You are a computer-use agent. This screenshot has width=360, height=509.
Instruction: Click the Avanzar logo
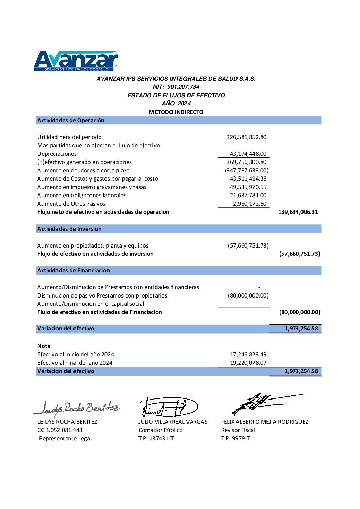click(76, 61)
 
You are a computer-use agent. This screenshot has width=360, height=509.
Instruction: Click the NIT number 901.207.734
click(183, 87)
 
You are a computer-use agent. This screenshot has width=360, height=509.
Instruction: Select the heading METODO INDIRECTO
click(176, 112)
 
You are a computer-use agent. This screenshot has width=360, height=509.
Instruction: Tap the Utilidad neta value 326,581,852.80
click(246, 137)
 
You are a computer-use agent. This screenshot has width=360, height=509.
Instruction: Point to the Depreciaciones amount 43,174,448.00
click(248, 154)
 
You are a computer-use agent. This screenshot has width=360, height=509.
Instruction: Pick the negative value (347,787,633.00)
click(247, 170)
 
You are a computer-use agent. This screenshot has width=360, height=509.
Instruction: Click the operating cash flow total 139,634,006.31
click(298, 212)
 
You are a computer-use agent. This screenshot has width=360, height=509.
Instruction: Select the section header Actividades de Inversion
click(69, 229)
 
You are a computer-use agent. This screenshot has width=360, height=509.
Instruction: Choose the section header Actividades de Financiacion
click(73, 270)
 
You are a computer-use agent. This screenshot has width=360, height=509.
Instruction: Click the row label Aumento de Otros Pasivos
click(71, 204)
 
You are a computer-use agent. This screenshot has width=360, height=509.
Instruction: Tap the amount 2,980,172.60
click(250, 204)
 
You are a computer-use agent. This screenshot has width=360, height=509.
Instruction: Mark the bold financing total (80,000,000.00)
click(299, 312)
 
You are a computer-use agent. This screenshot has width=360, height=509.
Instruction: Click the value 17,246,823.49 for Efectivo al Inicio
click(248, 354)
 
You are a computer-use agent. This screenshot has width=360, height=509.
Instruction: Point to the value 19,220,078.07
click(248, 363)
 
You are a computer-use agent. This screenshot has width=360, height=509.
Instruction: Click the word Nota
click(44, 346)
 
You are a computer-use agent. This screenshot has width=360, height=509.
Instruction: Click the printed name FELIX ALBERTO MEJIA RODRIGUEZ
click(265, 422)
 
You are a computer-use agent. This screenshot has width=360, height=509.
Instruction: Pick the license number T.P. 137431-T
click(156, 438)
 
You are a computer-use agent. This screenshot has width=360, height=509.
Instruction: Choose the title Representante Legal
click(65, 438)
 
